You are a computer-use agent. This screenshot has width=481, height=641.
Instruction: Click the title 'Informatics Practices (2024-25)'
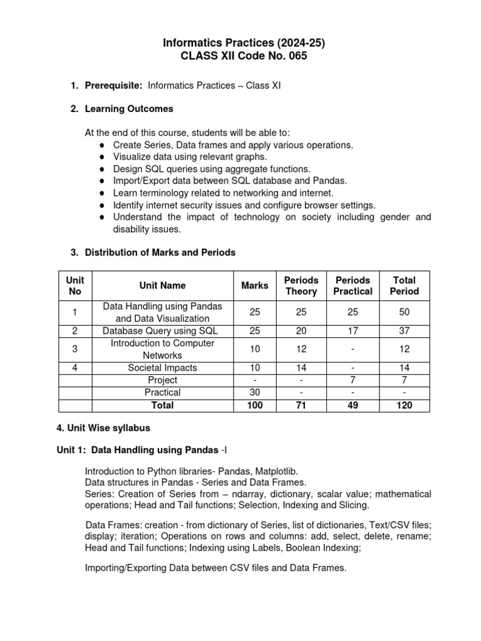click(x=244, y=43)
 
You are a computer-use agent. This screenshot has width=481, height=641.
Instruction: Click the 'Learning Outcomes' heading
click(x=129, y=109)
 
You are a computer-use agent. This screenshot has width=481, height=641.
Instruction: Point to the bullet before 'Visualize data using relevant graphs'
click(x=101, y=156)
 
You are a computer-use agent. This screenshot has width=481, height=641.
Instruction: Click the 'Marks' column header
click(x=255, y=285)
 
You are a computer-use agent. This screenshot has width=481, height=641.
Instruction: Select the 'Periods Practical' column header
click(x=353, y=285)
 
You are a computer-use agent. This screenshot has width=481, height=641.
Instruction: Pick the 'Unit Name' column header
click(x=162, y=285)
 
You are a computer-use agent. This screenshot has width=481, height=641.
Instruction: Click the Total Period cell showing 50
click(x=404, y=312)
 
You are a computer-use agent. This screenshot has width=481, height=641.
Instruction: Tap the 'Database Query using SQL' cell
click(x=162, y=331)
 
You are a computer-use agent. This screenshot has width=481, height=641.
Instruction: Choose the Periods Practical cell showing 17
click(x=353, y=331)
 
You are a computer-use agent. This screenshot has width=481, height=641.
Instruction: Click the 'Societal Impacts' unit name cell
click(x=162, y=368)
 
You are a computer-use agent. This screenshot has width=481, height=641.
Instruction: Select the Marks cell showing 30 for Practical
click(x=255, y=392)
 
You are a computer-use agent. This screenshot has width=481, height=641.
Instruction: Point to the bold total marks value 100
click(x=255, y=405)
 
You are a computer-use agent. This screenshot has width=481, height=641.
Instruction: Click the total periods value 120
click(x=404, y=405)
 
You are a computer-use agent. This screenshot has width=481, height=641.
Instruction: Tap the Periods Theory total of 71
click(x=301, y=405)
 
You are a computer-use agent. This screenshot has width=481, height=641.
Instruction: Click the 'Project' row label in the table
click(x=162, y=380)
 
